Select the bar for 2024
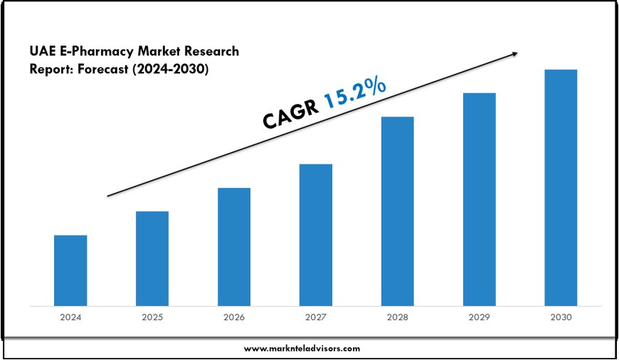coord(70,270)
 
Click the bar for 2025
coord(152,258)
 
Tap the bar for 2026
coord(234,247)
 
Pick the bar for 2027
coord(316,235)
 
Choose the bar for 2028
coord(398,211)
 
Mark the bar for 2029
coord(480,199)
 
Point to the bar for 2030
coord(561,188)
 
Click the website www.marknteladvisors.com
coord(302,349)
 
